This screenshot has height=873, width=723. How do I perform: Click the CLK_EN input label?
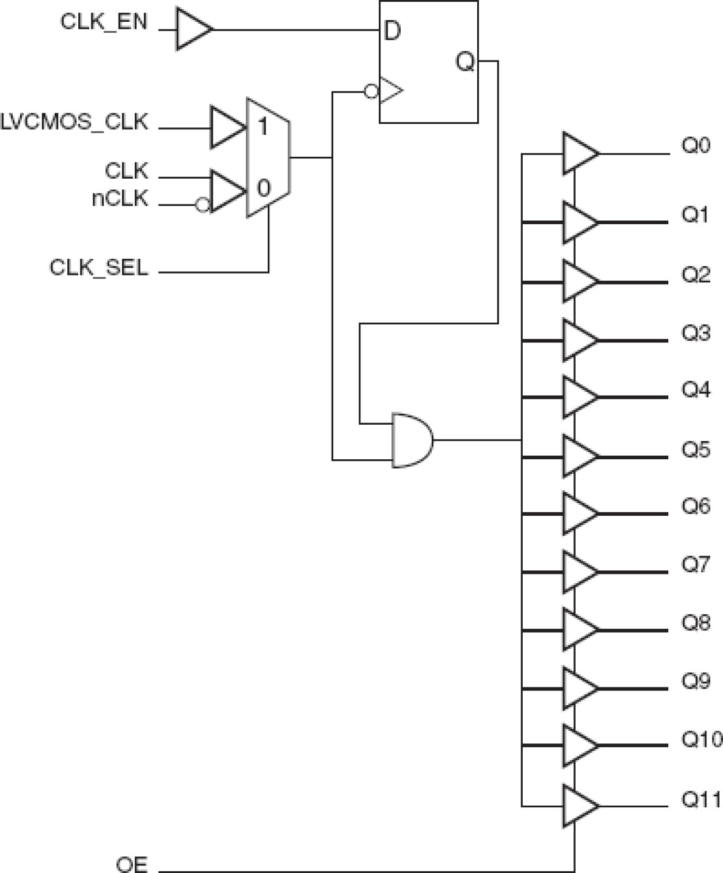104,22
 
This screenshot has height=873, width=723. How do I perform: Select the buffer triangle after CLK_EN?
192,29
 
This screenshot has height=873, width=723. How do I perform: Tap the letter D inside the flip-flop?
391,31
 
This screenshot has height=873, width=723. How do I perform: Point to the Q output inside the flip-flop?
465,61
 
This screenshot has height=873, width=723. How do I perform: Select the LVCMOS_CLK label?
74,123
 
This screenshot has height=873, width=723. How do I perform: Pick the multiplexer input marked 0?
262,188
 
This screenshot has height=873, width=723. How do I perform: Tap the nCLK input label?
120,199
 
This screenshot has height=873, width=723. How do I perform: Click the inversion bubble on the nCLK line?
202,205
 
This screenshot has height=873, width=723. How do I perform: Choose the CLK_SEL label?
98,268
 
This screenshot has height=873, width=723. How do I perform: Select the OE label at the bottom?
132,864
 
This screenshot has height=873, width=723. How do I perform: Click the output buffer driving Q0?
579,154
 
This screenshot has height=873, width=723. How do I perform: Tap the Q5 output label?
696,449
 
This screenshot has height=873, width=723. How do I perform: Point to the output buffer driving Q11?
579,806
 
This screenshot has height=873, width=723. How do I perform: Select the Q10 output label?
701,739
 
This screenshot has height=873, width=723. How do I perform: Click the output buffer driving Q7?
579,572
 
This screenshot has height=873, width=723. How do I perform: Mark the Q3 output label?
696,333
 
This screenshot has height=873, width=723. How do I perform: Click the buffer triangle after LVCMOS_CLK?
226,127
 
